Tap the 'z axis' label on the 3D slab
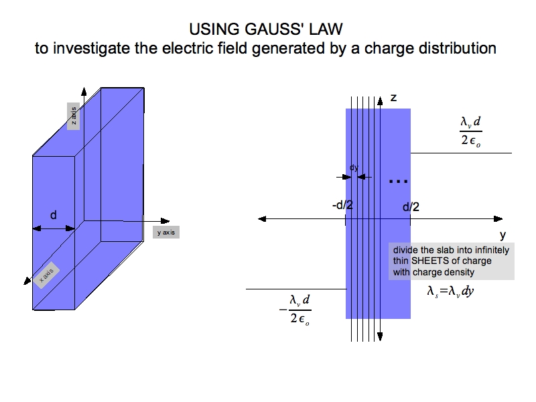point(74,117)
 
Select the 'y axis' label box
point(165,232)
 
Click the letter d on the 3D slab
point(54,215)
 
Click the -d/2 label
point(342,206)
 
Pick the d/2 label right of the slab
point(411,207)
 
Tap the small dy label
point(353,167)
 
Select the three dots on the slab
point(398,182)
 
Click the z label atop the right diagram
point(393,98)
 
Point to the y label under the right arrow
point(503,235)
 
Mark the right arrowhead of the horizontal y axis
point(498,218)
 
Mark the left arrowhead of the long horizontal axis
point(262,218)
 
